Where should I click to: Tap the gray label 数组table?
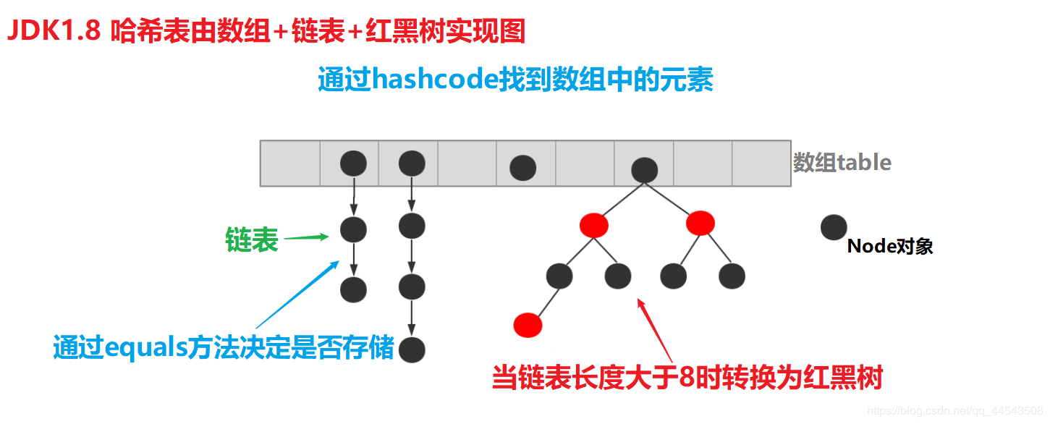pos(842,163)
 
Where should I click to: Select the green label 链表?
pos(251,240)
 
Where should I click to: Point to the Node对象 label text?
pos(889,247)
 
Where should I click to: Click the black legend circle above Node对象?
pos(834,227)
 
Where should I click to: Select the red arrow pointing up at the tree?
pos(656,329)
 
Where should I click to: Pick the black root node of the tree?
pos(644,170)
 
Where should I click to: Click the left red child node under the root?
pos(593,225)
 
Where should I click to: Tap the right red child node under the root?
pos(700,223)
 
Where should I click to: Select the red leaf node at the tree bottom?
pos(528,325)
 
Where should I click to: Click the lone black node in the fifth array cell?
pos(522,169)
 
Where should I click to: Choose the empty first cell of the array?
pos(290,164)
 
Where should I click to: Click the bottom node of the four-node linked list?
pos(412,350)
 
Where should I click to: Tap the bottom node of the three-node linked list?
pos(353,289)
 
